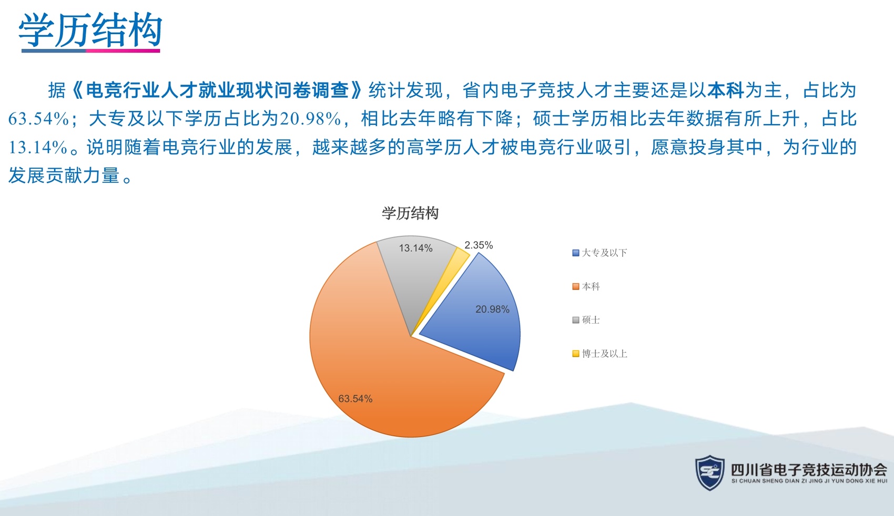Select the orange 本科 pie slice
[379, 359]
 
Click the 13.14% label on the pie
[415, 248]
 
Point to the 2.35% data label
[479, 245]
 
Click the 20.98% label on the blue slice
[492, 309]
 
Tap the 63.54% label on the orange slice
[355, 398]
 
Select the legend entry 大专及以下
[600, 253]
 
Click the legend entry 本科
[586, 286]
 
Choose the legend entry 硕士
[586, 320]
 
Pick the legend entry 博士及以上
[600, 354]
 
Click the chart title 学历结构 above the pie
[410, 213]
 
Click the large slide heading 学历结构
[90, 30]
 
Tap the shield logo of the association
[709, 473]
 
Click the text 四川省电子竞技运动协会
[809, 470]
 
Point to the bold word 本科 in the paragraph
[725, 90]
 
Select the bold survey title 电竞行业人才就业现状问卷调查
[217, 90]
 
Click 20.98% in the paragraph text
[310, 119]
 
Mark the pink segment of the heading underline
[123, 50]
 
